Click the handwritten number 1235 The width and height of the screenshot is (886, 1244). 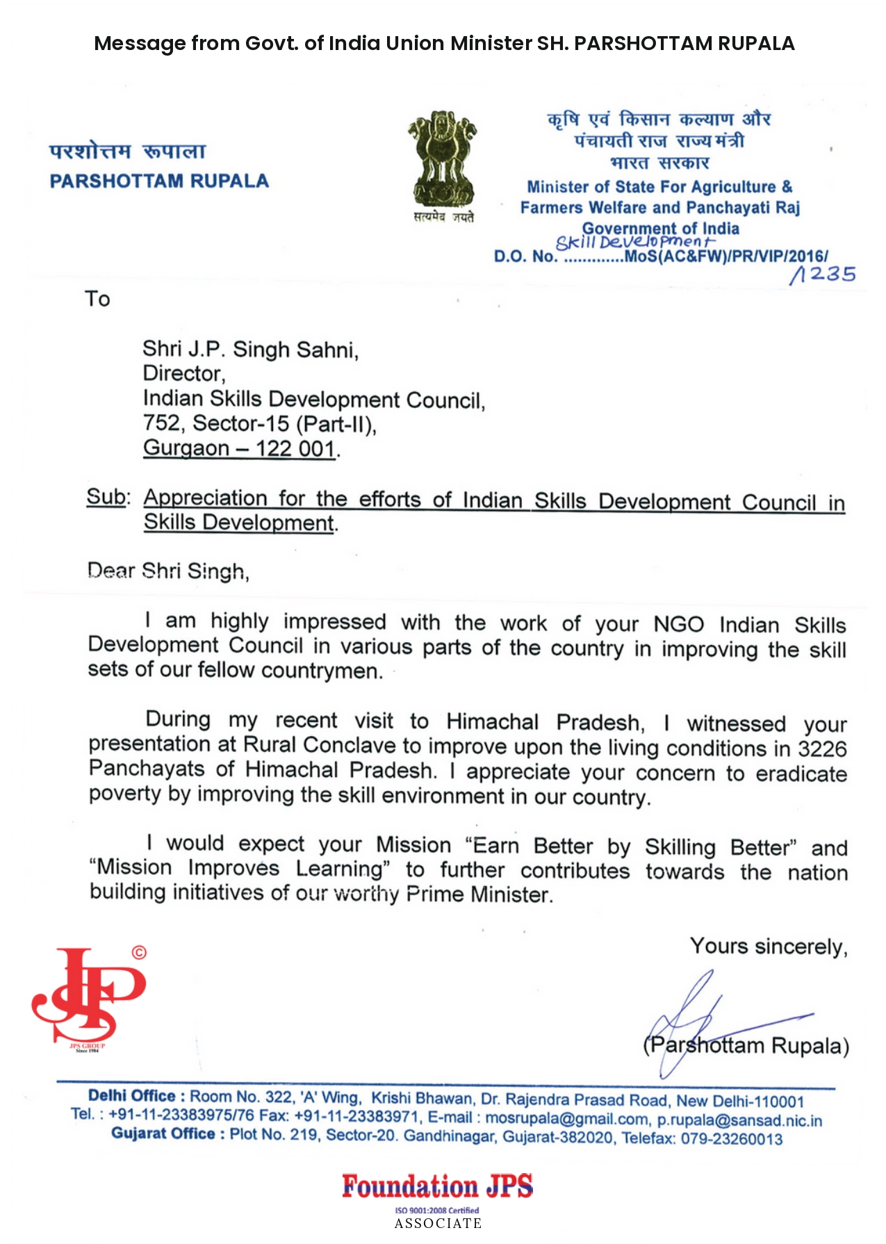pyautogui.click(x=823, y=275)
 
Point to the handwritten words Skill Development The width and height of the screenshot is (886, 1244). pyautogui.click(x=634, y=242)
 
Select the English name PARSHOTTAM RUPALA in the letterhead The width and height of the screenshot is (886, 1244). pyautogui.click(x=159, y=181)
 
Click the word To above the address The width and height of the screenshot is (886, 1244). pyautogui.click(x=97, y=300)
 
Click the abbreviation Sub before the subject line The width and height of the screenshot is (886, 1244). pyautogui.click(x=106, y=498)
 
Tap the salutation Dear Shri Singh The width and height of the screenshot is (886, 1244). pyautogui.click(x=168, y=571)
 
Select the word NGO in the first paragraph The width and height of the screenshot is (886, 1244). pyautogui.click(x=678, y=624)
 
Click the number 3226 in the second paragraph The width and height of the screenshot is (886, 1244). pyautogui.click(x=822, y=749)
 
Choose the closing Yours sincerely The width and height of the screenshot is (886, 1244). pyautogui.click(x=768, y=947)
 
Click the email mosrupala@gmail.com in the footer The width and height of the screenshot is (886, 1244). pyautogui.click(x=566, y=1119)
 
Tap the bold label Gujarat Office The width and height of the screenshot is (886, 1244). pyautogui.click(x=163, y=1134)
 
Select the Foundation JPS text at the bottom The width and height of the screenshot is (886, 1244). pyautogui.click(x=437, y=1186)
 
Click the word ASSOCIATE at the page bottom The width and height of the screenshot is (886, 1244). pyautogui.click(x=438, y=1224)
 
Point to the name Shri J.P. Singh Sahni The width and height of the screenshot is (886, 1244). pyautogui.click(x=250, y=349)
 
